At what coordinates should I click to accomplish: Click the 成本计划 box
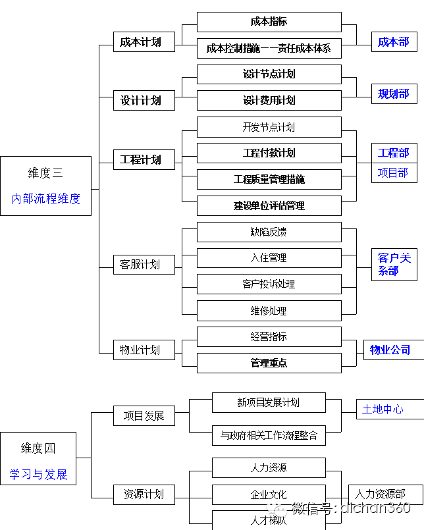click(144, 42)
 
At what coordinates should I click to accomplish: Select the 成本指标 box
click(269, 22)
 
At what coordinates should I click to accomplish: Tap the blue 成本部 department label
click(394, 42)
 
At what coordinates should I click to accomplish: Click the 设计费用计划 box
click(269, 100)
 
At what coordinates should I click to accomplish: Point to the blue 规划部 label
click(394, 93)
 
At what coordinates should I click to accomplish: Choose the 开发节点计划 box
click(269, 127)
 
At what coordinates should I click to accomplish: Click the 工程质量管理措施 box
click(269, 179)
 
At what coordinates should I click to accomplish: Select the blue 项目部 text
click(393, 172)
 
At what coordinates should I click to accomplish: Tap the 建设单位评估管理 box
click(269, 205)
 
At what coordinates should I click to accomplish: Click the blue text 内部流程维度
click(45, 199)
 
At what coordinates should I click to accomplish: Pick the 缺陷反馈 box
click(269, 232)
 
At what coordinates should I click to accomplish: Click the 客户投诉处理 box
click(269, 284)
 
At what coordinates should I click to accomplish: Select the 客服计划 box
click(144, 265)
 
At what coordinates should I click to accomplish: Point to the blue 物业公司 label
click(390, 350)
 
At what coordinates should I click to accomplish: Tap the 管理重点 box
click(269, 363)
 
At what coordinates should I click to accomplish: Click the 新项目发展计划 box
click(269, 402)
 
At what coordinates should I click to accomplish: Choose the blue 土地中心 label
click(383, 410)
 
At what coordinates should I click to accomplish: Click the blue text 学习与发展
click(38, 474)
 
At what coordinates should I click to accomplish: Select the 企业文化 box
click(269, 494)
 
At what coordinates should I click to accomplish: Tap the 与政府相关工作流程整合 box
click(269, 435)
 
